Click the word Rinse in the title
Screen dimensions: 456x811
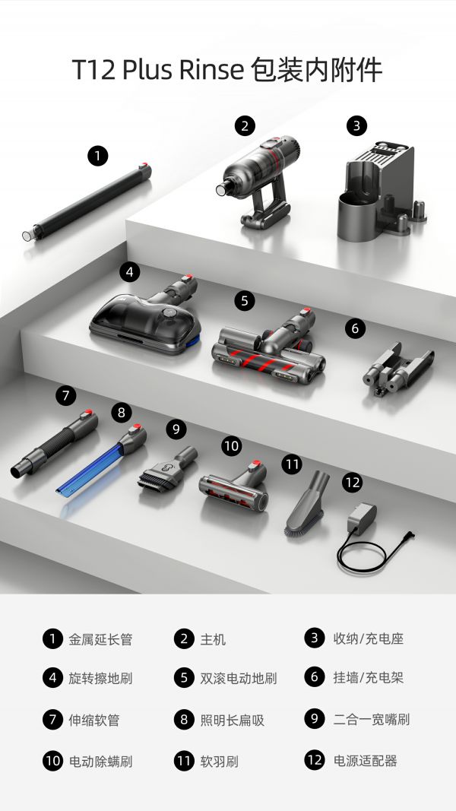point(211,70)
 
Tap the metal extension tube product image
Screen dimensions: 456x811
point(87,202)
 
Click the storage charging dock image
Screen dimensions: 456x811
point(382,192)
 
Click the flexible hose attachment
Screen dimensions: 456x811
point(54,445)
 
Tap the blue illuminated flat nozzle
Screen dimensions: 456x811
point(101,461)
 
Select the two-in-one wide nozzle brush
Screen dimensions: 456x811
point(167,469)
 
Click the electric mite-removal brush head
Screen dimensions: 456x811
point(233,486)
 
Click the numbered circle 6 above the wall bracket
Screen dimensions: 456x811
point(355,328)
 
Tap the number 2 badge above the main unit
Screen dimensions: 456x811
point(245,125)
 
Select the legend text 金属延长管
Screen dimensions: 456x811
point(100,639)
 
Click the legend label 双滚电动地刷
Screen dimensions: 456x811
point(239,678)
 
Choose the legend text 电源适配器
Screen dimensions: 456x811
point(365,761)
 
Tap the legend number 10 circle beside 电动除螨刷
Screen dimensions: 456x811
point(52,761)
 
